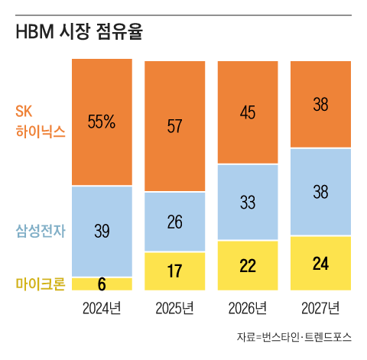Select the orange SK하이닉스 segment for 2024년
(x=102, y=153)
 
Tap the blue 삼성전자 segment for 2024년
(x=102, y=232)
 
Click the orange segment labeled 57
(x=175, y=125)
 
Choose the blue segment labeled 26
(x=175, y=222)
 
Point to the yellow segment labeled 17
(x=175, y=271)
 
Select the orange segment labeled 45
(x=248, y=112)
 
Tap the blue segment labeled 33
(x=248, y=203)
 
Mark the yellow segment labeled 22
(x=248, y=266)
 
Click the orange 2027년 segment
(x=320, y=103)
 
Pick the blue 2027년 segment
(x=320, y=192)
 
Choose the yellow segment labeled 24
(x=320, y=264)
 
